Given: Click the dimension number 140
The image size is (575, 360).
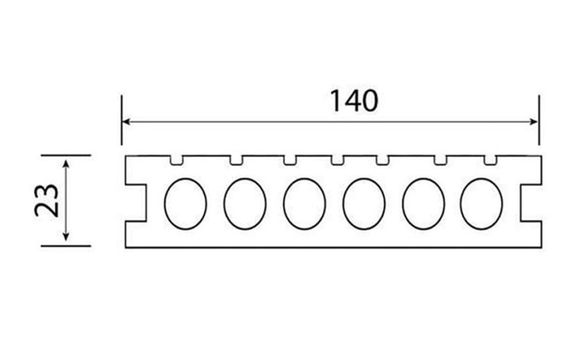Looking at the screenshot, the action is (x=354, y=101).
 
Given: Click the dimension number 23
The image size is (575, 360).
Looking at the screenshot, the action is (x=47, y=200).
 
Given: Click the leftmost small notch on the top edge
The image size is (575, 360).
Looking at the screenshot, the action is (x=177, y=160).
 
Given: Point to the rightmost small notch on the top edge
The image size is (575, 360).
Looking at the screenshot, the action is (x=490, y=160).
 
